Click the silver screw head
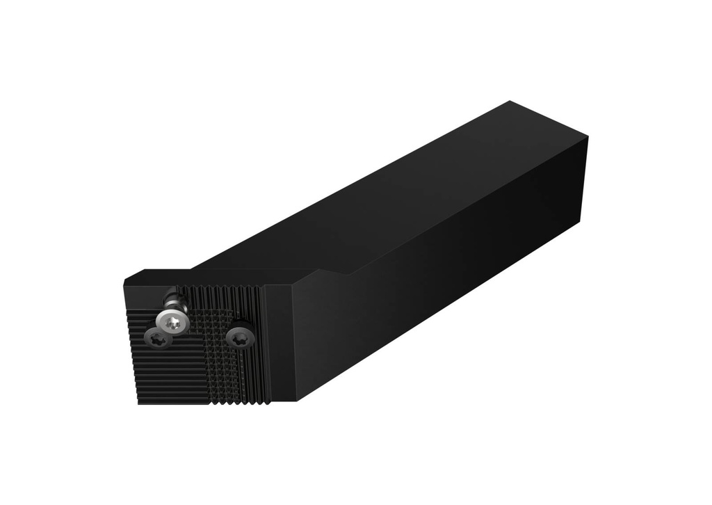[x=172, y=321]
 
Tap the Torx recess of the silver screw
[x=173, y=321]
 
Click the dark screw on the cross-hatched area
[x=240, y=337]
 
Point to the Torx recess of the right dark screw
[x=240, y=337]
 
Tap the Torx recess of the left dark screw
[x=156, y=340]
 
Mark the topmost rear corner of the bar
[x=510, y=102]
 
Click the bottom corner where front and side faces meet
[x=298, y=400]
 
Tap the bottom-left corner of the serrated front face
[x=138, y=403]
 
